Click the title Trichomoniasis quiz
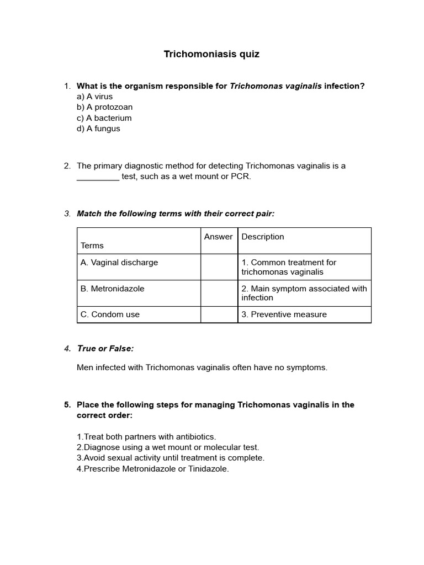point(211,54)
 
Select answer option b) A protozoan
point(105,107)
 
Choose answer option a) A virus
point(95,97)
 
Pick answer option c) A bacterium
point(104,118)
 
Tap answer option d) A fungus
point(98,129)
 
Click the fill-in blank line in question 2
point(98,177)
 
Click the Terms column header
point(92,246)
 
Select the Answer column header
point(219,237)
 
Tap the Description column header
point(263,237)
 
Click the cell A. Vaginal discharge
point(119,263)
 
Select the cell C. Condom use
point(110,315)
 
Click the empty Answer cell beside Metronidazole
point(219,293)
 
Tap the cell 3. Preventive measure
point(284,315)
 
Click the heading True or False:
point(105,349)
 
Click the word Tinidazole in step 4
point(207,469)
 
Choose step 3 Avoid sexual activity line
point(171,458)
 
